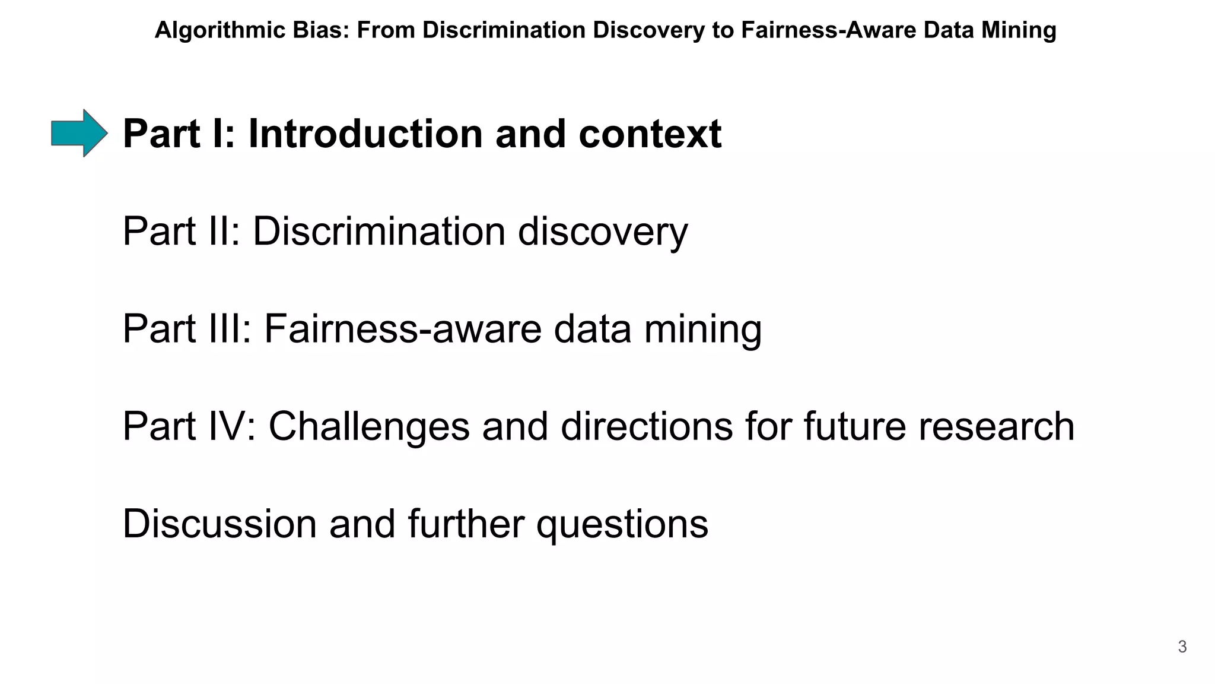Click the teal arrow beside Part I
click(x=79, y=133)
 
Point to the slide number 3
click(x=1182, y=647)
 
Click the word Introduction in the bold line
click(x=365, y=134)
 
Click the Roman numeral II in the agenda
click(x=224, y=231)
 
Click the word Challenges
click(x=369, y=427)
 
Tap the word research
click(x=996, y=426)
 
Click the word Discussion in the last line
click(x=220, y=524)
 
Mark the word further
click(x=466, y=524)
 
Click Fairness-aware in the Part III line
click(x=403, y=328)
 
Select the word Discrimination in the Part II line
click(x=379, y=231)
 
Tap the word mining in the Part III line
click(x=703, y=330)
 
